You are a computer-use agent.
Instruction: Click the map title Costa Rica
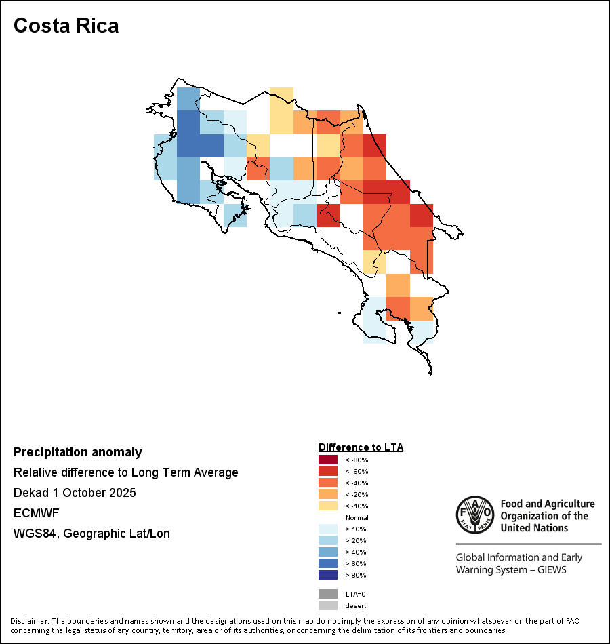[x=66, y=26]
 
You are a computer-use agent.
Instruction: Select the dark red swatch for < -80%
[x=328, y=460]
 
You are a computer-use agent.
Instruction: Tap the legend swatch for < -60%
[x=328, y=471]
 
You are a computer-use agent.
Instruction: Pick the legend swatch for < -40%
[x=328, y=483]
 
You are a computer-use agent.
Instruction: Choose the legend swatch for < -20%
[x=328, y=494]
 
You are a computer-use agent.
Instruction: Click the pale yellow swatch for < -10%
[x=328, y=506]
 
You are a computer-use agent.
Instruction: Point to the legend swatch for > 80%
[x=328, y=575]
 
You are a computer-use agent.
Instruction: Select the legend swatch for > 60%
[x=328, y=563]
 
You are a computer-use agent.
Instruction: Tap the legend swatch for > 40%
[x=328, y=552]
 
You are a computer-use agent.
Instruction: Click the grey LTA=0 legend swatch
[x=328, y=594]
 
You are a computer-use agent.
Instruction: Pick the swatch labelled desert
[x=328, y=605]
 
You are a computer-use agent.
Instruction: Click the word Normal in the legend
[x=357, y=517]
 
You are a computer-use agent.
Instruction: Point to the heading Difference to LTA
[x=361, y=447]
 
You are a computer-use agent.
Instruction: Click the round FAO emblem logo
[x=474, y=516]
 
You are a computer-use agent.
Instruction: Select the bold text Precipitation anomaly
[x=78, y=452]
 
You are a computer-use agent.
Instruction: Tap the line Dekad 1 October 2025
[x=75, y=493]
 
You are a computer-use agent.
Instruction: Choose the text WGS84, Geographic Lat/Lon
[x=91, y=534]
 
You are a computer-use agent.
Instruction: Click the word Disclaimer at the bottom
[x=29, y=621]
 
